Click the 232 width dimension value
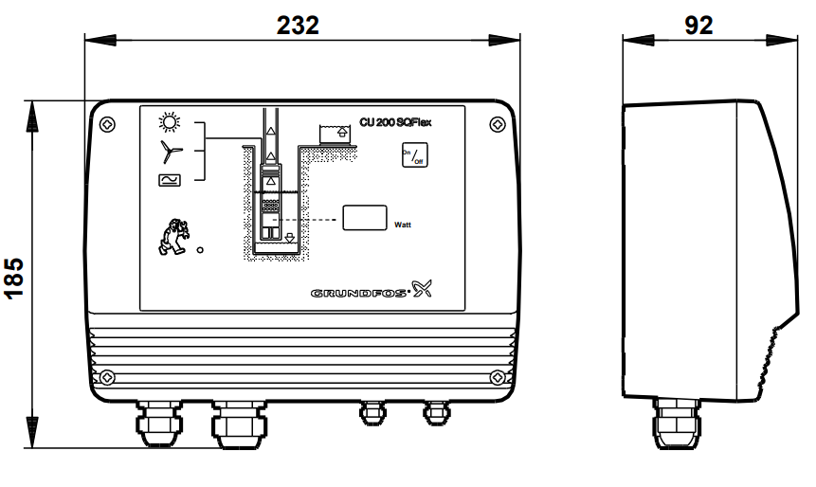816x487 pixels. (299, 26)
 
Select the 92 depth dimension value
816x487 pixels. (698, 26)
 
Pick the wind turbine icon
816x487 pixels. (169, 150)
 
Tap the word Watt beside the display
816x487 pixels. (403, 225)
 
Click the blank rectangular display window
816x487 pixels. (365, 217)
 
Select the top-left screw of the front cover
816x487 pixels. (109, 124)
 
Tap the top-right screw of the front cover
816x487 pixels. (497, 124)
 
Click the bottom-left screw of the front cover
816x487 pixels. (109, 378)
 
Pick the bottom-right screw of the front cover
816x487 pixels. (497, 378)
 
